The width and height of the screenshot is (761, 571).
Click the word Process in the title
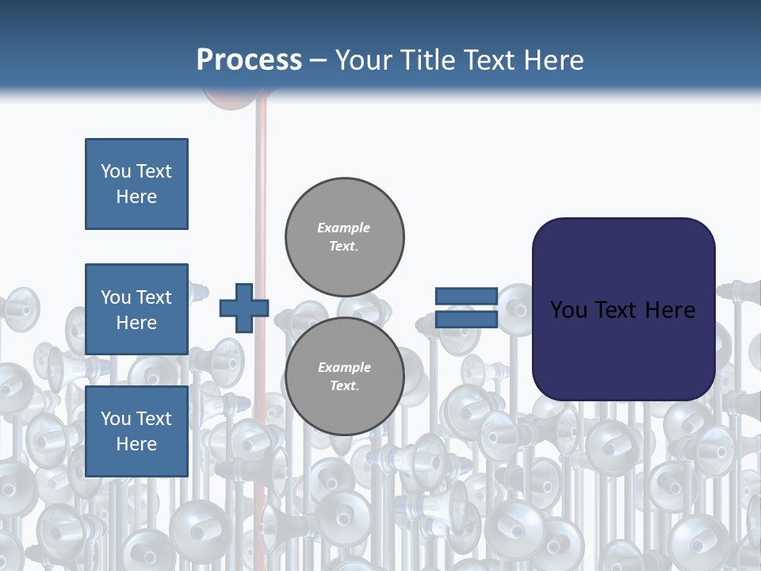coord(249,60)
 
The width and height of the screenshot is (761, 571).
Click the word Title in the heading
coord(427,60)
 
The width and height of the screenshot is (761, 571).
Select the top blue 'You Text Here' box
coord(136,184)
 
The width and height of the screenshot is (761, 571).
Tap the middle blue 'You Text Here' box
coord(136,309)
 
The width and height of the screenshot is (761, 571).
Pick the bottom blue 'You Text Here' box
coord(136,431)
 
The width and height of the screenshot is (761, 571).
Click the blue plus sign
coord(243,308)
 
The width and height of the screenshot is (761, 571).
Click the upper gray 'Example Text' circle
coord(345,237)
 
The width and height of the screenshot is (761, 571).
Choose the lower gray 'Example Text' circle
coord(345,377)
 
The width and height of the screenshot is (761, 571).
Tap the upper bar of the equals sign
coord(466,297)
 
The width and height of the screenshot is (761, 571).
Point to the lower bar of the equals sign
coord(466,319)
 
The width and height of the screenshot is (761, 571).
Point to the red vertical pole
coord(260,198)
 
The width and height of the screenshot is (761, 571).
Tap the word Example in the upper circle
coord(344,228)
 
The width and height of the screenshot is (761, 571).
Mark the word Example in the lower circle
coord(344,367)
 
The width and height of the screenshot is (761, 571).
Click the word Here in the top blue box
coord(136,197)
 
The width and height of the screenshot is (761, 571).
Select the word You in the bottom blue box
coord(116,419)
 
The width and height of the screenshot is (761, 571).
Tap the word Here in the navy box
coord(670,309)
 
